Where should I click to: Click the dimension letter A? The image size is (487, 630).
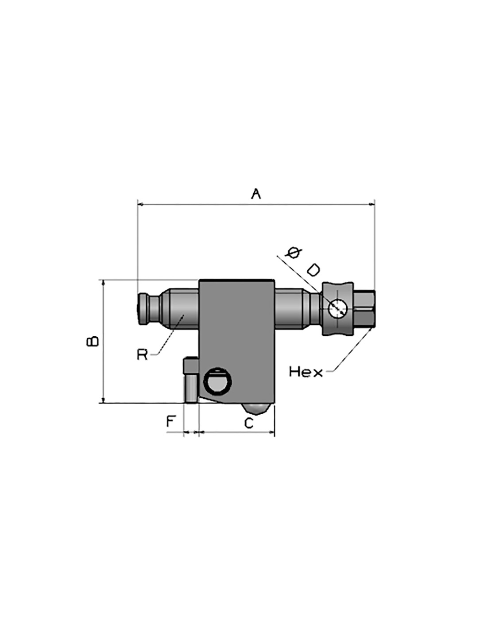click(x=255, y=194)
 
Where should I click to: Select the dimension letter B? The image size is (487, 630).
click(x=93, y=341)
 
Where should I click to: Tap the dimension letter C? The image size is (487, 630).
click(x=248, y=423)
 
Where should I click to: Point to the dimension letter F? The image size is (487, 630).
click(x=170, y=421)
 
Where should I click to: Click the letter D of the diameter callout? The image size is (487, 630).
click(x=313, y=270)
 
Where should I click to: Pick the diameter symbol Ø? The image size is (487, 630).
click(x=293, y=253)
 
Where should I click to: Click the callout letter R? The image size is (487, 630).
click(x=142, y=354)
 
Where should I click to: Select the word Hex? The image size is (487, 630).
click(x=306, y=372)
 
